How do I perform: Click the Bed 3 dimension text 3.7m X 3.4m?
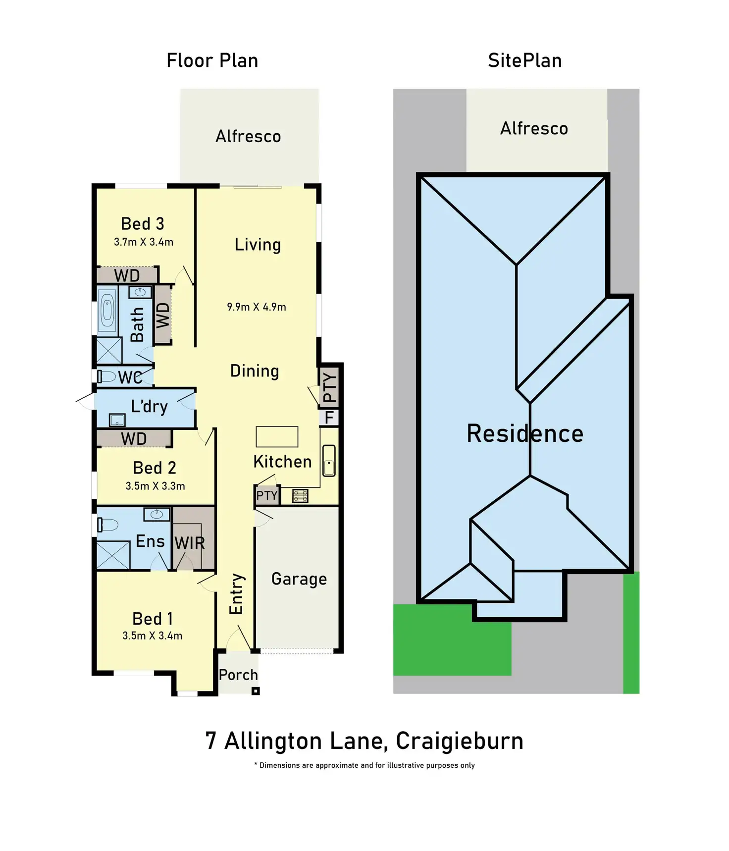point(144,242)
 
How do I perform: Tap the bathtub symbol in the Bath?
point(107,311)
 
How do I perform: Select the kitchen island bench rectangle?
point(277,436)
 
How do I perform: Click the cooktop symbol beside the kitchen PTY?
point(300,495)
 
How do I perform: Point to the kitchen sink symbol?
point(329,461)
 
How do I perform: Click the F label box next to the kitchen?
point(329,418)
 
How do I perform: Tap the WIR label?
point(190,543)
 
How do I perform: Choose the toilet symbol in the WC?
point(105,376)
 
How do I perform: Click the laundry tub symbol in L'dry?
point(117,420)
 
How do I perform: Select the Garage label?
point(299,579)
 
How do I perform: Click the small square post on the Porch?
point(256,691)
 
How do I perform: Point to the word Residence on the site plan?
point(525,433)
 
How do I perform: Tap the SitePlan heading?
point(524,60)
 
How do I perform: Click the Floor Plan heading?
point(212,60)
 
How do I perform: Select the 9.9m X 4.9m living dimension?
point(257,307)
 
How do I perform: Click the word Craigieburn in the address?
point(460,741)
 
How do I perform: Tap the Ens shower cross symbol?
point(113,556)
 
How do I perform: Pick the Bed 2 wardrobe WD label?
point(134,439)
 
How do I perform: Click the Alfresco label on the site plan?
point(534,128)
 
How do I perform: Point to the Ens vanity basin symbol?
point(156,514)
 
